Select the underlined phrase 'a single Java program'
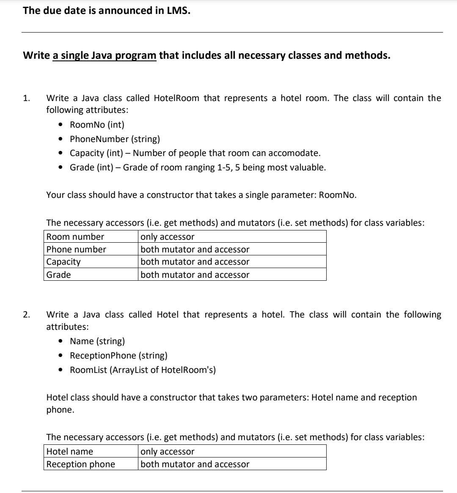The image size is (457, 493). pyautogui.click(x=105, y=55)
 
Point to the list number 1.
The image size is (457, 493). pyautogui.click(x=26, y=99)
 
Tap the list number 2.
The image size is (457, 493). pyautogui.click(x=26, y=315)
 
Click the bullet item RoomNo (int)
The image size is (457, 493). pyautogui.click(x=97, y=125)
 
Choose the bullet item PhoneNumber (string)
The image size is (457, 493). pyautogui.click(x=115, y=139)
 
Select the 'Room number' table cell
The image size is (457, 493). pyautogui.click(x=75, y=237)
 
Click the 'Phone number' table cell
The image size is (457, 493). pyautogui.click(x=76, y=249)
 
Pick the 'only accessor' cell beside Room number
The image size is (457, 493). pyautogui.click(x=167, y=237)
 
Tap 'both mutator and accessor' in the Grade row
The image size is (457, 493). pyautogui.click(x=195, y=275)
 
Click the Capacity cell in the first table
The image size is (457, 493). pyautogui.click(x=63, y=262)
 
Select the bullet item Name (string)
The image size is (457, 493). pyautogui.click(x=97, y=341)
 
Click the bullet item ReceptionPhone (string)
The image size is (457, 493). pyautogui.click(x=118, y=356)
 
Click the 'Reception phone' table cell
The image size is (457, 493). pyautogui.click(x=80, y=464)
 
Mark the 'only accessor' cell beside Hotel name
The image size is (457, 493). pyautogui.click(x=167, y=452)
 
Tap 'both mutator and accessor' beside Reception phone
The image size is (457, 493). pyautogui.click(x=195, y=464)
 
